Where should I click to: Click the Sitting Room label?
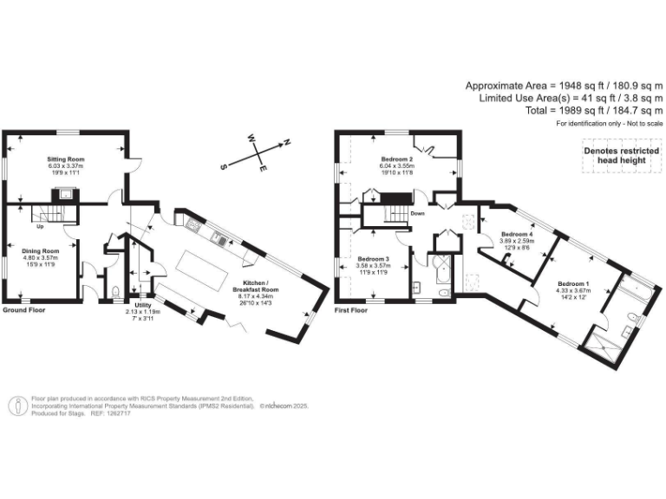pos(65,160)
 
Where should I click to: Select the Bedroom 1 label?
pos(573,284)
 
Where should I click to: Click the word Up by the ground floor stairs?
pos(40,229)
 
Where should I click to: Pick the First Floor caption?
pos(351,309)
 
